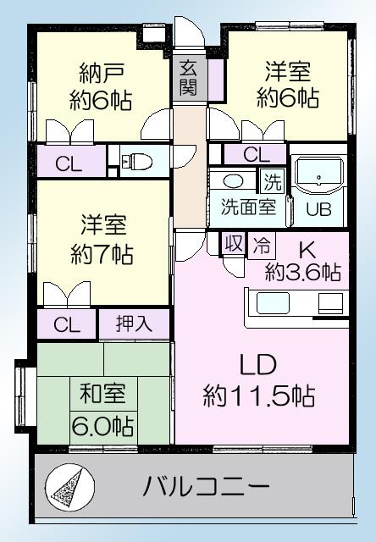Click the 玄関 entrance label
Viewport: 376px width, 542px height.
[x=187, y=75]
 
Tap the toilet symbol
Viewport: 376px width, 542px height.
[x=135, y=161]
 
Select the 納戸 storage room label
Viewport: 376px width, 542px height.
[x=99, y=71]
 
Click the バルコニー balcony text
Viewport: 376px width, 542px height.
[x=206, y=488]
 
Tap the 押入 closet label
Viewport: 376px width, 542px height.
[x=135, y=324]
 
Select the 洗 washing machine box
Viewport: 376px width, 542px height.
[x=271, y=181]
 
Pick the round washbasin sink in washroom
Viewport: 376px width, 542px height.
[x=233, y=181]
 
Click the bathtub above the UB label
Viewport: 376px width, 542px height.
[x=318, y=176]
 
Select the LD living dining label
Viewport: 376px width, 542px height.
[x=259, y=366]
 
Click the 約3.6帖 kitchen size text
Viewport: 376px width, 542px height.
[x=302, y=272]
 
